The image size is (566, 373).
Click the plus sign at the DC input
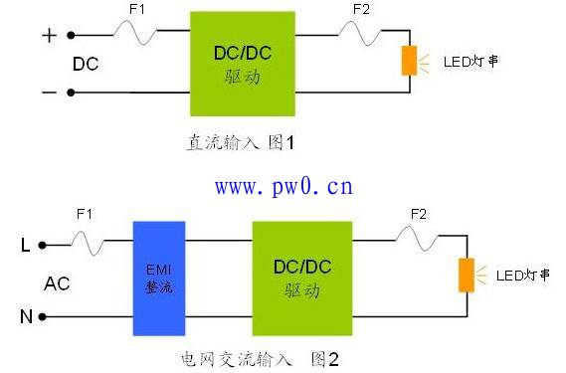(47, 35)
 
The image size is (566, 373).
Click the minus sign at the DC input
(47, 92)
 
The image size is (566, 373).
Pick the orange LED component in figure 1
(409, 61)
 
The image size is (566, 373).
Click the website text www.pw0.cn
(283, 186)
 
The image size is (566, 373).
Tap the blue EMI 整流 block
(159, 278)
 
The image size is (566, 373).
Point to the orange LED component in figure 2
(465, 275)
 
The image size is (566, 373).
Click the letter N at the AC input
(27, 317)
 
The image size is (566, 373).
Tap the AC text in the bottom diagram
(57, 283)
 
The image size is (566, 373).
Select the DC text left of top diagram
(86, 64)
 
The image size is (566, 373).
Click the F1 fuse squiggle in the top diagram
(136, 35)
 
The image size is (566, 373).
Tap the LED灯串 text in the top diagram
(470, 62)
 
